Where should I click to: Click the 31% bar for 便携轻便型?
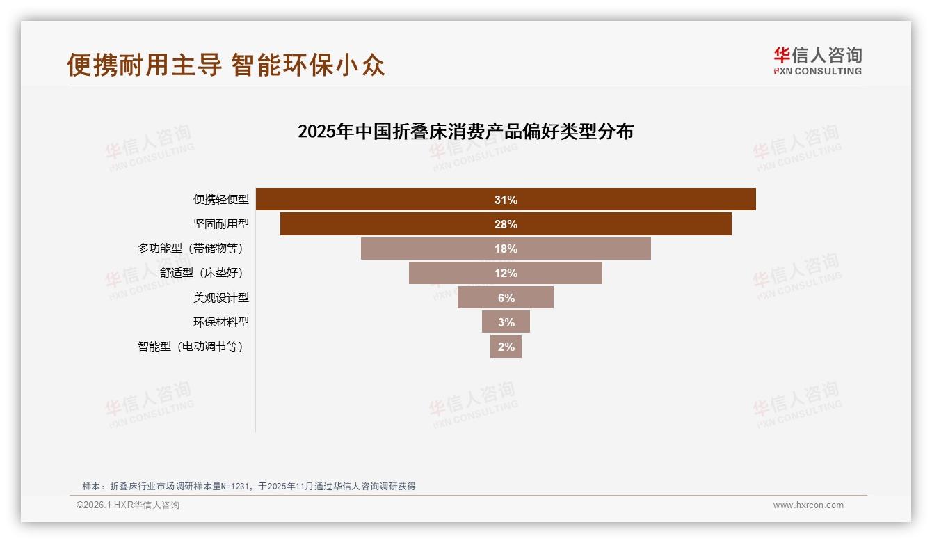click(506, 200)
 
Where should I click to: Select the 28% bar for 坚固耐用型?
click(506, 224)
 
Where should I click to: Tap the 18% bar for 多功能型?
click(506, 249)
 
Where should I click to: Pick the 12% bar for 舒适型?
click(506, 273)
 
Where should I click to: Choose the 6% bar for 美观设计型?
click(506, 297)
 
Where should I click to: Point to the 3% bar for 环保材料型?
click(506, 322)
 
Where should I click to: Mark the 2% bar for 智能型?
click(506, 346)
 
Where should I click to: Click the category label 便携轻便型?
click(220, 200)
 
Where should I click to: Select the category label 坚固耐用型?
click(220, 224)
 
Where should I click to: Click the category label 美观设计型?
click(220, 297)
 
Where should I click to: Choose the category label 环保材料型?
click(220, 322)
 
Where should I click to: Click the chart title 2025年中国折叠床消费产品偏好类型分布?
click(465, 132)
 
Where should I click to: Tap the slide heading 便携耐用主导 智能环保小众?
click(226, 65)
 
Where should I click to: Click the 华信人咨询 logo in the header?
click(817, 61)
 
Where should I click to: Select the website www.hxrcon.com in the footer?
click(808, 505)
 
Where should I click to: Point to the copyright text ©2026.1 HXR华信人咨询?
click(128, 505)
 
